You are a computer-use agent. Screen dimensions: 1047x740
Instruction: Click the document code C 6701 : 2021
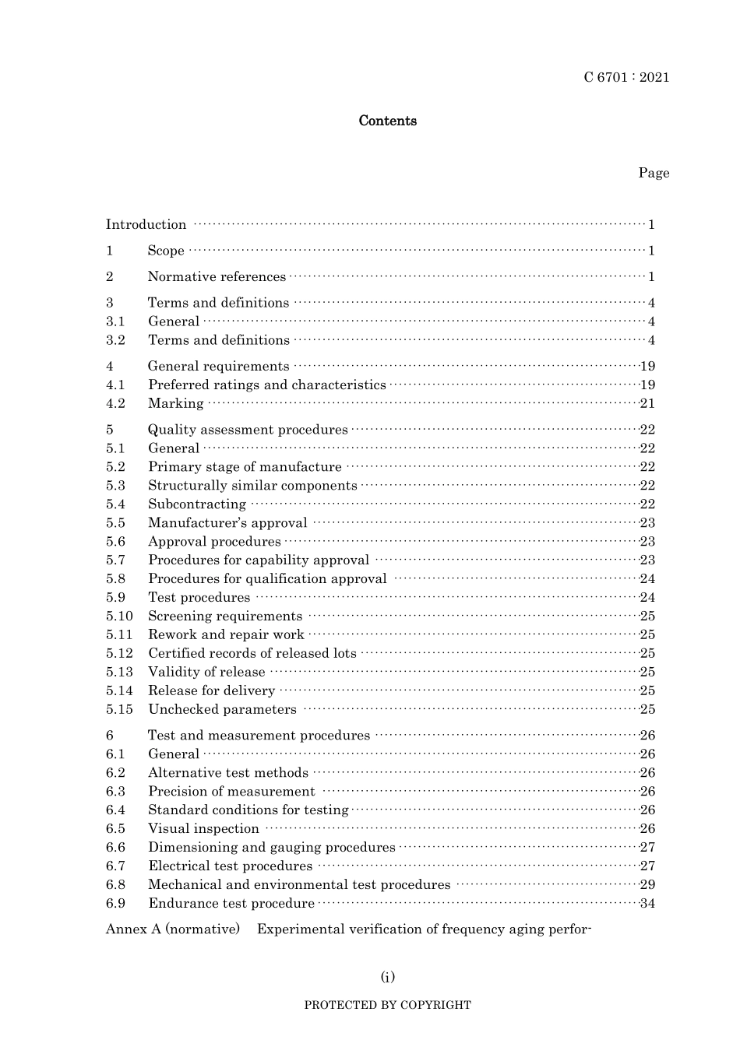[x=626, y=77]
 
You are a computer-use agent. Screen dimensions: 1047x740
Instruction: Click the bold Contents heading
[x=387, y=121]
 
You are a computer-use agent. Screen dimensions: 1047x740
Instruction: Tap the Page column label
[x=654, y=173]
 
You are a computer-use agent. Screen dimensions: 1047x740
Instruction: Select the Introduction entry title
[x=146, y=225]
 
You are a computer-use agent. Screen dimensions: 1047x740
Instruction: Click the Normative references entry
[x=217, y=277]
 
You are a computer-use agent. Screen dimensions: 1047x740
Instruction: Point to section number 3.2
[x=115, y=340]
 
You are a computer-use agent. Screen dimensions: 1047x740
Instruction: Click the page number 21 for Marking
[x=647, y=403]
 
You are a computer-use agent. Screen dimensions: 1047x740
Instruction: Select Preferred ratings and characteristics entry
[x=267, y=385]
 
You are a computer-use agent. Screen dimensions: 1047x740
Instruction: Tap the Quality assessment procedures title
[x=248, y=430]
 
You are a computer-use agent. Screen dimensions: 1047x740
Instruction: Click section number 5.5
[x=115, y=523]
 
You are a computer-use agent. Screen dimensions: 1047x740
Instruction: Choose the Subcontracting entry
[x=197, y=504]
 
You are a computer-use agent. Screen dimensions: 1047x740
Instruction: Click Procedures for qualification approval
[x=267, y=579]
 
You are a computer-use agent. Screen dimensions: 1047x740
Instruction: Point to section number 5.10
[x=119, y=616]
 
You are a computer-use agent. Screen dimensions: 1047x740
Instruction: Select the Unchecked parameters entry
[x=222, y=709]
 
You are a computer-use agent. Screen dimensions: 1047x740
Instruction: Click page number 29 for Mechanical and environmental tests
[x=647, y=884]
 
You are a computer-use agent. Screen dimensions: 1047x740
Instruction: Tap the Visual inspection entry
[x=203, y=829]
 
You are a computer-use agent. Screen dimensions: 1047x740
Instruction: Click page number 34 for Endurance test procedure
[x=647, y=903]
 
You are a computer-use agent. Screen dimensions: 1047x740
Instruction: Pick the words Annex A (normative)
[x=173, y=929]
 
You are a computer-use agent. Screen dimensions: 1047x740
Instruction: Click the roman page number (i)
[x=387, y=977]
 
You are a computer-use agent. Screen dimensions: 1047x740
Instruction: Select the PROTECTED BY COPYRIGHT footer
[x=387, y=1005]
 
